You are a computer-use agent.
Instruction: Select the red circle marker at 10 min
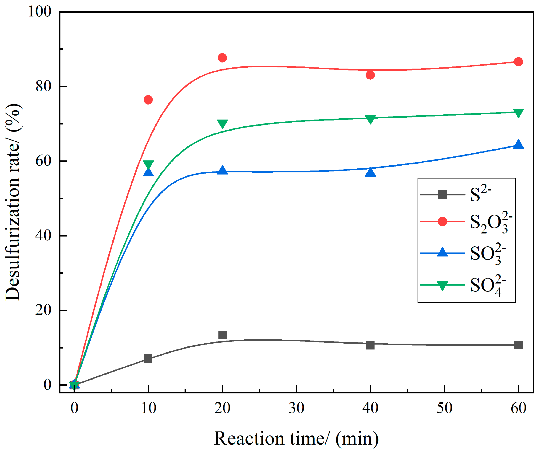(x=148, y=100)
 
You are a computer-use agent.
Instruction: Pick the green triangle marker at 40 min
(x=371, y=119)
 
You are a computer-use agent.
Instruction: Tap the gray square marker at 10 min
(x=148, y=358)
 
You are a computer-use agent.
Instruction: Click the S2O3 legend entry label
(x=491, y=223)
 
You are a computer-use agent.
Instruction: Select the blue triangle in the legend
(x=442, y=253)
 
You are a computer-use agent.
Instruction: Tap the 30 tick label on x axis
(x=296, y=408)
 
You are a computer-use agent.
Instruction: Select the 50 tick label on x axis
(x=445, y=408)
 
